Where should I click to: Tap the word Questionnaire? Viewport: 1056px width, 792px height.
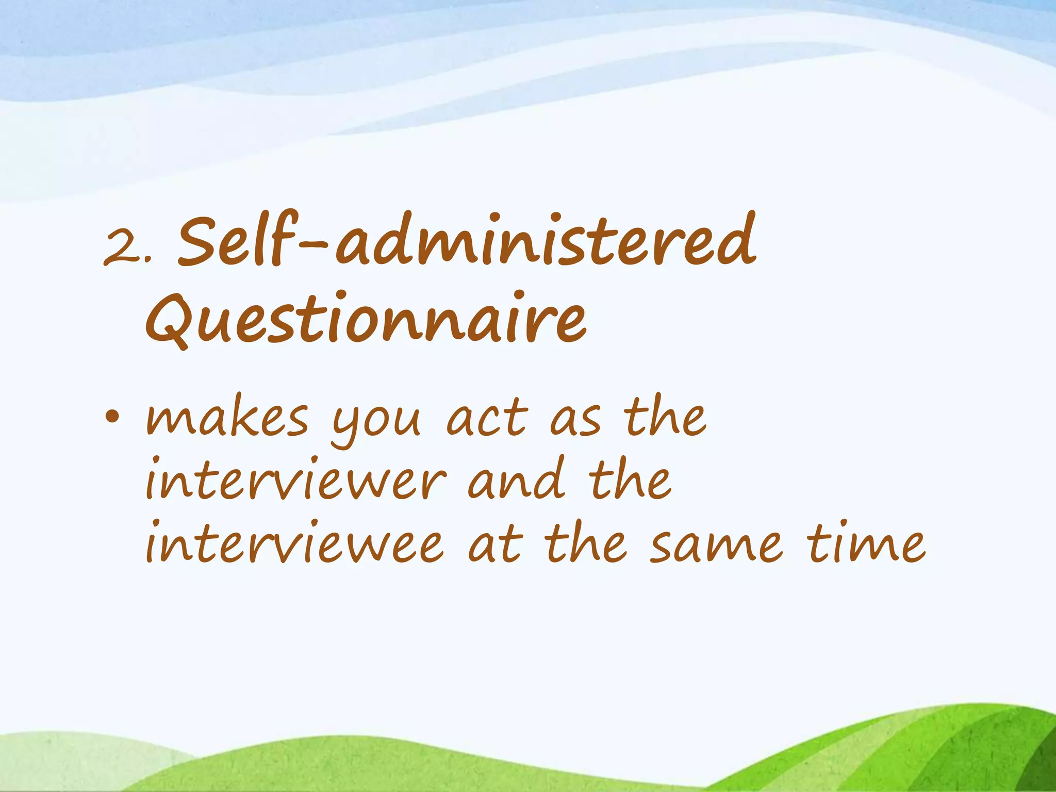click(366, 319)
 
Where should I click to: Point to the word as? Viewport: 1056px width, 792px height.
click(575, 419)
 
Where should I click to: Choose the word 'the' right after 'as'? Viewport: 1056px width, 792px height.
click(665, 416)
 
